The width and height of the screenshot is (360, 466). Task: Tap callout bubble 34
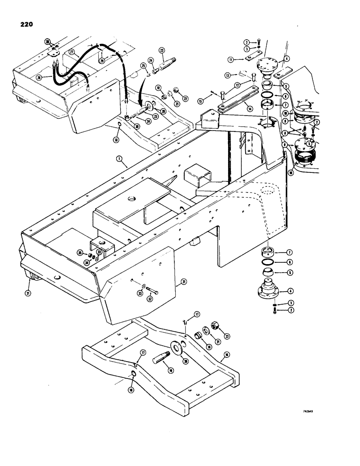86,262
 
